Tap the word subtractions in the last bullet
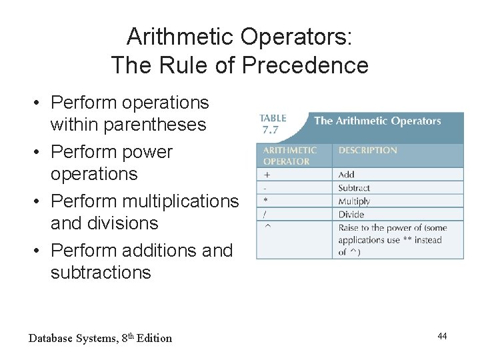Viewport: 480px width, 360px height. [x=101, y=273]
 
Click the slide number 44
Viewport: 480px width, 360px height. [x=442, y=336]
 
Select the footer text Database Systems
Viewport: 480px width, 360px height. [x=73, y=338]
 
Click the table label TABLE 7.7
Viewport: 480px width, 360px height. [x=273, y=123]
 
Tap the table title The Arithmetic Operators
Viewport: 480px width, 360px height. [x=377, y=121]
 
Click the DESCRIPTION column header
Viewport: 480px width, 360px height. [x=367, y=151]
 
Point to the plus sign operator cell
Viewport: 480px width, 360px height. [x=267, y=174]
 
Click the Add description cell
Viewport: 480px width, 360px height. [x=346, y=175]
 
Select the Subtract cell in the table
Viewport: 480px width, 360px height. [x=354, y=188]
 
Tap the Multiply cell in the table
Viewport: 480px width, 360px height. [x=354, y=201]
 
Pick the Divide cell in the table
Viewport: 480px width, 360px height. [x=351, y=215]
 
